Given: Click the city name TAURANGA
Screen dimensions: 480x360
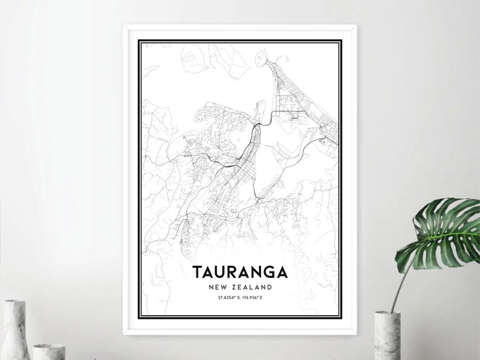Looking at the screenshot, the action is point(240,271).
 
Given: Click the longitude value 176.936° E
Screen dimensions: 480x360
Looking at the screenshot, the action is point(255,298).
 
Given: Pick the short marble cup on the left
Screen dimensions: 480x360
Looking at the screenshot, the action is point(48,352).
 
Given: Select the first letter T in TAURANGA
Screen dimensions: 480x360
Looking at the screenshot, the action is point(197,271).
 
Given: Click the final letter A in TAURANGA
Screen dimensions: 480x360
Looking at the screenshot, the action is point(282,271).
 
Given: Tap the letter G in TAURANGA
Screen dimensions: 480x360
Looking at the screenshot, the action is point(270,271).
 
